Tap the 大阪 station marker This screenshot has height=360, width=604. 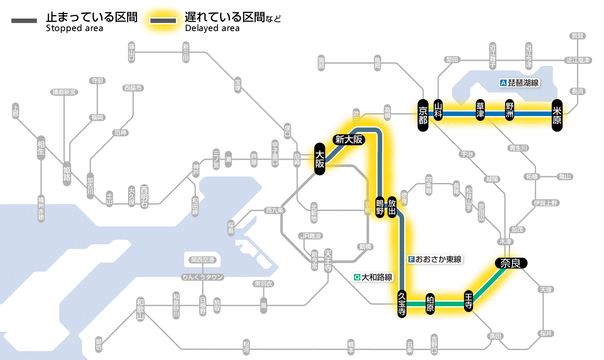tap(319, 159)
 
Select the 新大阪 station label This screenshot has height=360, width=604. tap(349, 139)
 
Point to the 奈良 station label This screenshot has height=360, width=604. tap(510, 263)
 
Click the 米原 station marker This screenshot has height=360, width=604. tap(557, 114)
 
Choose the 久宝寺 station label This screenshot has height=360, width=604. tap(402, 304)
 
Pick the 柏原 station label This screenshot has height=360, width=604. tap(430, 304)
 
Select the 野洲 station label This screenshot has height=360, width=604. tap(510, 111)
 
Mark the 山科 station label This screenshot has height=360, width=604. tap(438, 111)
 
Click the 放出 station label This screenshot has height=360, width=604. tap(392, 207)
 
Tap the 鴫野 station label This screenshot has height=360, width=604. tap(380, 207)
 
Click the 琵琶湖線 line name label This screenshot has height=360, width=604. tap(524, 83)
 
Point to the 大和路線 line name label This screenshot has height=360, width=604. tap(377, 277)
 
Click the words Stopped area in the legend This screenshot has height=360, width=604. tap(74, 28)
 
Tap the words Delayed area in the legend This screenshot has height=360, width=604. tap(212, 28)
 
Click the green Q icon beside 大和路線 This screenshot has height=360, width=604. tap(357, 277)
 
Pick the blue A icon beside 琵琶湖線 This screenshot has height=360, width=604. tap(503, 83)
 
